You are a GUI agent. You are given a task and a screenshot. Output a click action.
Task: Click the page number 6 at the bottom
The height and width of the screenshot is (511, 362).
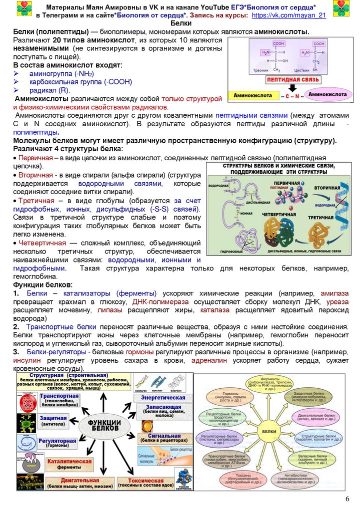[347, 501]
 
